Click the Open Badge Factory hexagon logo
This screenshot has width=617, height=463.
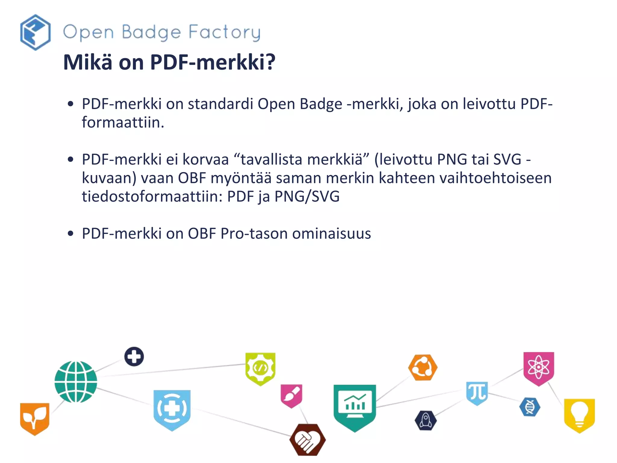(35, 32)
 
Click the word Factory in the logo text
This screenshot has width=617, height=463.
(224, 33)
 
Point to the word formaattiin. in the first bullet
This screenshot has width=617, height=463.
(123, 122)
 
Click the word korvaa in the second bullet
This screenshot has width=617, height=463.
(205, 159)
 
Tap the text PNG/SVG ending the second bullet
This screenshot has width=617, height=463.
(307, 197)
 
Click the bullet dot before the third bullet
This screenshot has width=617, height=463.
(71, 234)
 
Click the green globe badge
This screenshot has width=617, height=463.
(76, 382)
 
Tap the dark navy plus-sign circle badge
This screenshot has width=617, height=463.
(134, 357)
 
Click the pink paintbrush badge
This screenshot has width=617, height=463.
(291, 395)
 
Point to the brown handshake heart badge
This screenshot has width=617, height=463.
(307, 439)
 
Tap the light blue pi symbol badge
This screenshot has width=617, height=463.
(477, 392)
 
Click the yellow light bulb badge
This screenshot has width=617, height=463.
(579, 415)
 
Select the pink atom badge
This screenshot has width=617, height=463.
(538, 368)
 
